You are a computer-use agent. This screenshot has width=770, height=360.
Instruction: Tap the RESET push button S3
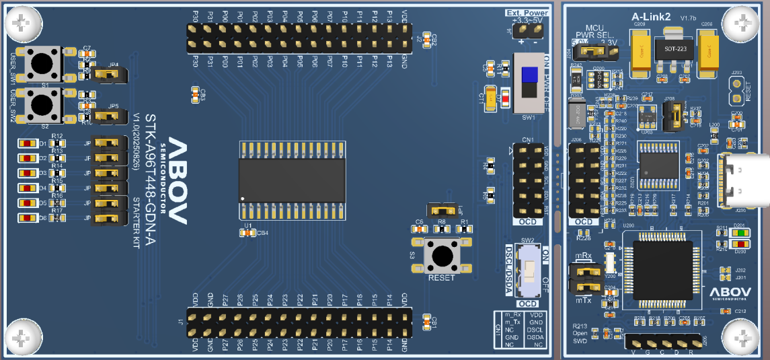[441, 256]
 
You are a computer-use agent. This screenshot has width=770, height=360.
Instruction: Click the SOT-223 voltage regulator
[668, 50]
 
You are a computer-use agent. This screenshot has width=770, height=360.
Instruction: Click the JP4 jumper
[108, 74]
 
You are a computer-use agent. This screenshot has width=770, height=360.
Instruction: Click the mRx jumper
[584, 271]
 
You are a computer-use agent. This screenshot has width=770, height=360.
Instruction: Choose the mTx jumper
[584, 287]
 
